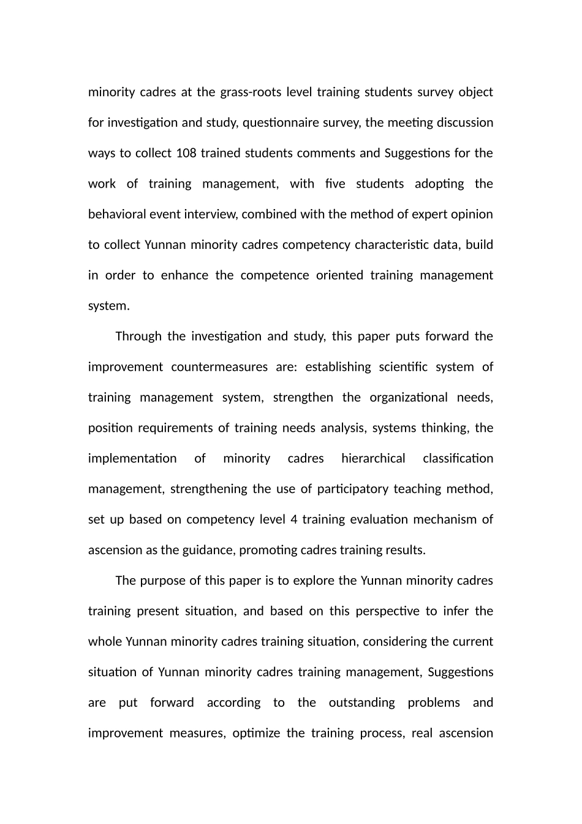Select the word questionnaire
[281, 123]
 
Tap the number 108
[186, 153]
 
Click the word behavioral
[117, 215]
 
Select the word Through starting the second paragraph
[138, 337]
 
